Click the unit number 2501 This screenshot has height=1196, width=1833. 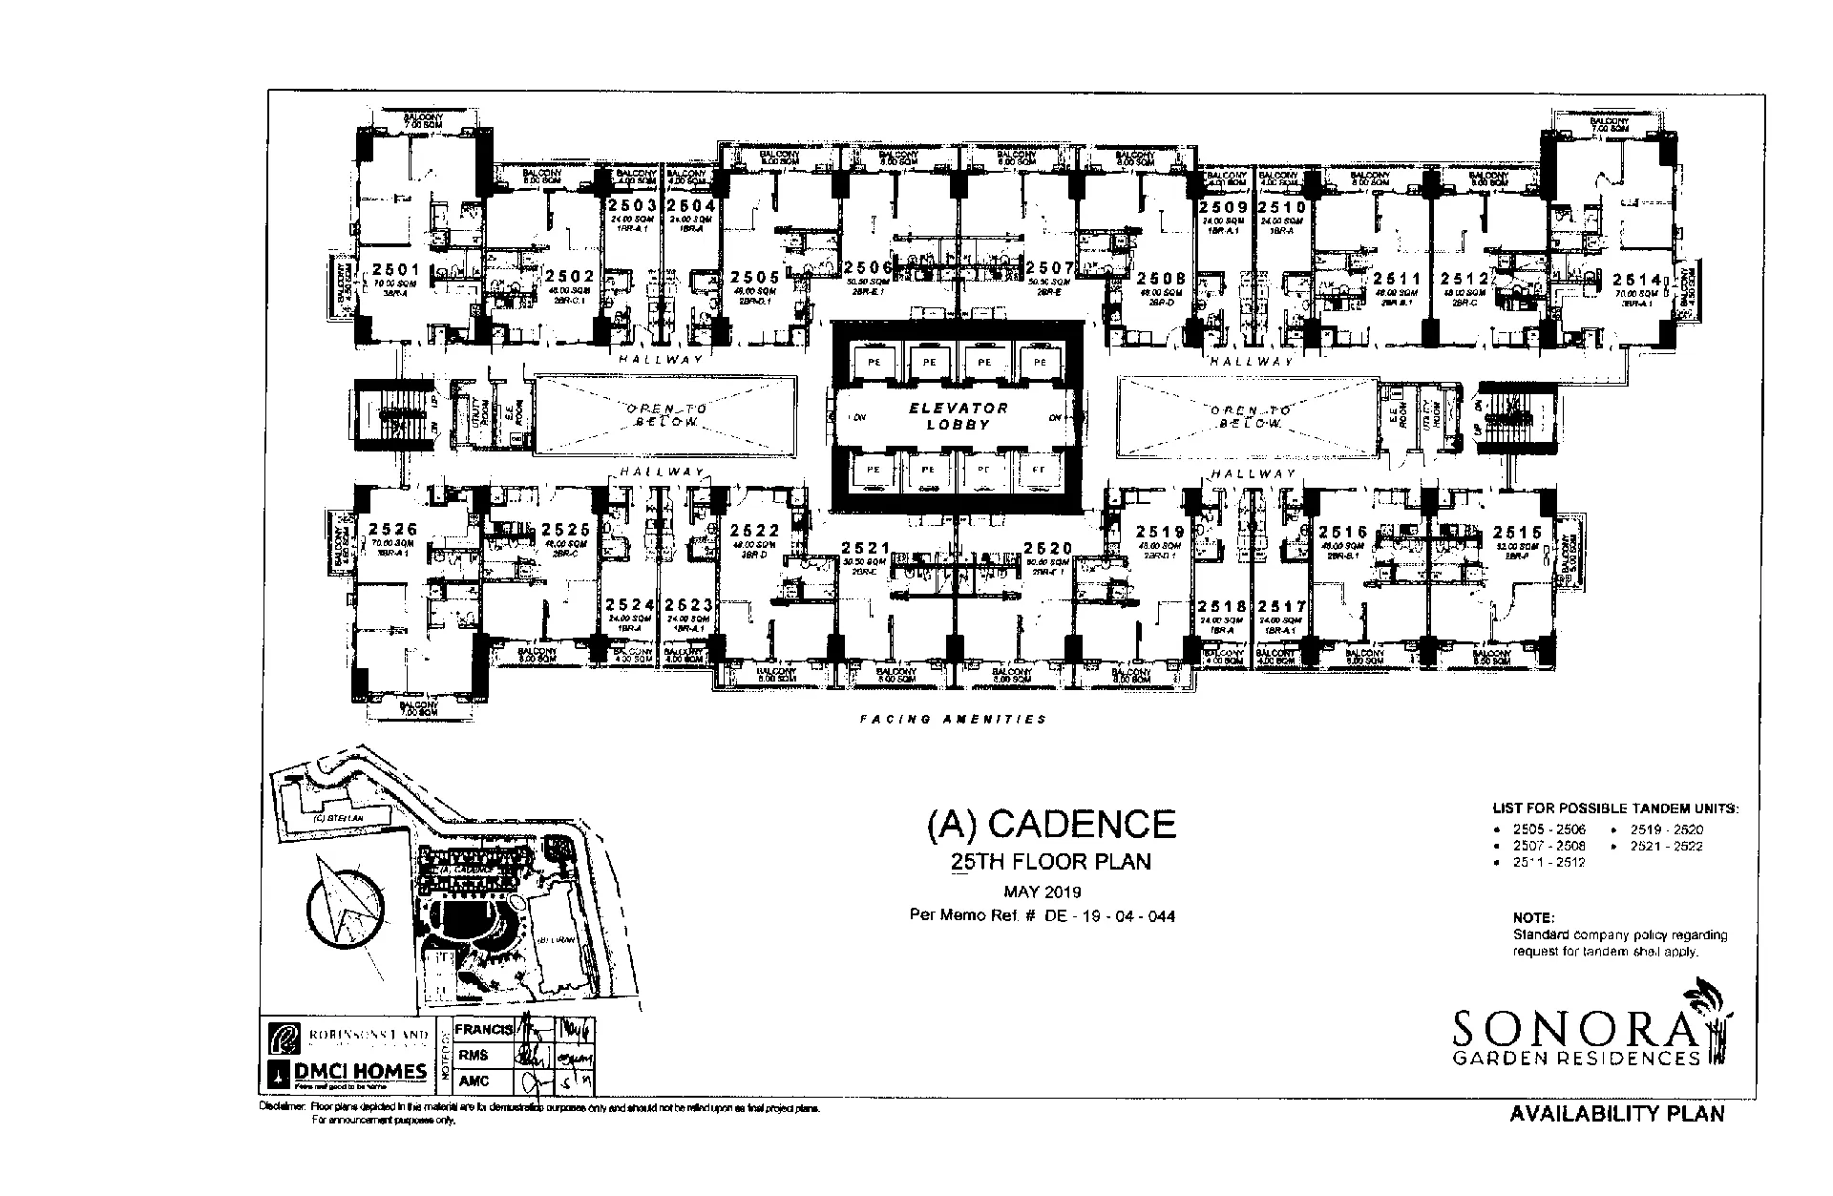[x=396, y=270]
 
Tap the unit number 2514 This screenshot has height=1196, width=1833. [x=1637, y=279]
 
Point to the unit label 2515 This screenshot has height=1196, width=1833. [x=1517, y=532]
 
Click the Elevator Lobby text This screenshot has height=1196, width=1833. [x=958, y=415]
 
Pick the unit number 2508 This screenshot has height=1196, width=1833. [x=1161, y=278]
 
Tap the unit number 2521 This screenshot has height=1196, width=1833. [x=866, y=549]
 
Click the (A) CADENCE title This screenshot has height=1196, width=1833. [x=1051, y=824]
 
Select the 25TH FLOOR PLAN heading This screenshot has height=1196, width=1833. [x=1051, y=862]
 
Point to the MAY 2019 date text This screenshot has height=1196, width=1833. [x=1042, y=892]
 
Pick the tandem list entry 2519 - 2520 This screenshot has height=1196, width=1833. [x=1666, y=829]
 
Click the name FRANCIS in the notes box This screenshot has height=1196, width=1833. [x=484, y=1030]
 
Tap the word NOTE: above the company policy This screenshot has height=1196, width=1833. [x=1533, y=917]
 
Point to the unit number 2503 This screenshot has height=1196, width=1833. [x=631, y=205]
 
